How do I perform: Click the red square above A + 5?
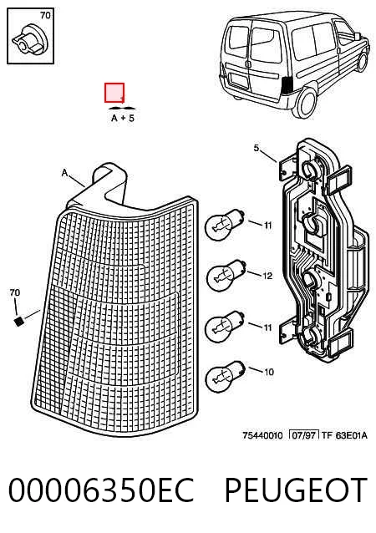(x=114, y=93)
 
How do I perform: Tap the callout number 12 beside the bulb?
(x=268, y=276)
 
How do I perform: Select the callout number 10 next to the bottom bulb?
(x=269, y=373)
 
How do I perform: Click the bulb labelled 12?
(x=226, y=274)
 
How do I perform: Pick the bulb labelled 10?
(x=226, y=376)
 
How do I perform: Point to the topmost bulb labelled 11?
(x=225, y=224)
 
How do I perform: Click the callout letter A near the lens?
(x=64, y=173)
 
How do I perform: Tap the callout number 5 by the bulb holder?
(x=257, y=148)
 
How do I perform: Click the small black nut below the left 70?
(x=19, y=321)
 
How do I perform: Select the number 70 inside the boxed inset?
(x=45, y=16)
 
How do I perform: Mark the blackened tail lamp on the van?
(x=287, y=85)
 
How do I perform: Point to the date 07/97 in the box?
(x=303, y=435)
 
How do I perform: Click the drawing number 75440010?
(x=263, y=435)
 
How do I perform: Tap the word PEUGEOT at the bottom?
(x=296, y=490)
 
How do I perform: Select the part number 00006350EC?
(x=101, y=490)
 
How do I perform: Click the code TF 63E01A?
(x=344, y=435)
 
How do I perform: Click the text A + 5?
(x=123, y=118)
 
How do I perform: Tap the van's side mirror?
(x=357, y=35)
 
